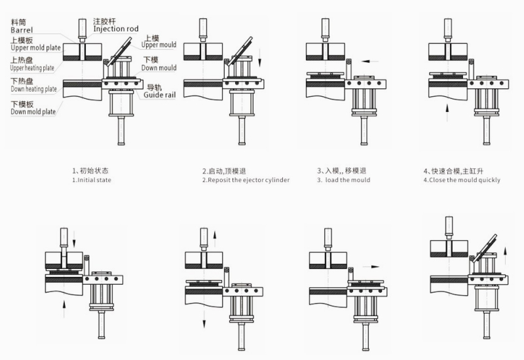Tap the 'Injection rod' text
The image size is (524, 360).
[116, 29]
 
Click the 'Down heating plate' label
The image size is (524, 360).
[33, 89]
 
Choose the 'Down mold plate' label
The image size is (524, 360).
[33, 111]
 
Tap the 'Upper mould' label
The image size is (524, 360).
[159, 45]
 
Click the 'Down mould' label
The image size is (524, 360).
[159, 67]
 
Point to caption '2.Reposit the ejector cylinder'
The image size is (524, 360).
[245, 179]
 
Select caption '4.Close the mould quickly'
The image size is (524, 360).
[461, 179]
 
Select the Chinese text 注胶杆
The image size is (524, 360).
[105, 21]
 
